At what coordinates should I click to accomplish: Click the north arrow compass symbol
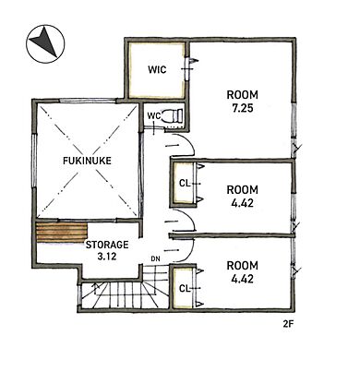(x=45, y=43)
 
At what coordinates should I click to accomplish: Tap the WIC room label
(x=157, y=69)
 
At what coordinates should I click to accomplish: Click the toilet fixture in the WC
(x=174, y=115)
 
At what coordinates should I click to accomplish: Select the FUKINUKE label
(x=87, y=161)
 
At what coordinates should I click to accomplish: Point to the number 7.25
(x=243, y=108)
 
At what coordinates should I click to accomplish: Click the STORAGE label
(x=107, y=245)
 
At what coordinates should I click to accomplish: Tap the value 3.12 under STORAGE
(x=107, y=256)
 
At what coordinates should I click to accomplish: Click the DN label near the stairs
(x=155, y=258)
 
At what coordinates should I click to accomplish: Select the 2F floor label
(x=287, y=324)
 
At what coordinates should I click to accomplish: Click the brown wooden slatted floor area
(x=62, y=233)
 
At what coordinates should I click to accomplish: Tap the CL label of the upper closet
(x=184, y=184)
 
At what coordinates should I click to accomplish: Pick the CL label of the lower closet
(x=184, y=288)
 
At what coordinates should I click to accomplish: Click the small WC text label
(x=154, y=116)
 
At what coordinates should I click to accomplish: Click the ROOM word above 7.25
(x=243, y=95)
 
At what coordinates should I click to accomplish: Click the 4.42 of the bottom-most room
(x=243, y=279)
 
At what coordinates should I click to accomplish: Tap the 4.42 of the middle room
(x=243, y=203)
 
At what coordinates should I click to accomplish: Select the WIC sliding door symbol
(x=188, y=69)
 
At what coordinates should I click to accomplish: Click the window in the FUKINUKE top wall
(x=88, y=101)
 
